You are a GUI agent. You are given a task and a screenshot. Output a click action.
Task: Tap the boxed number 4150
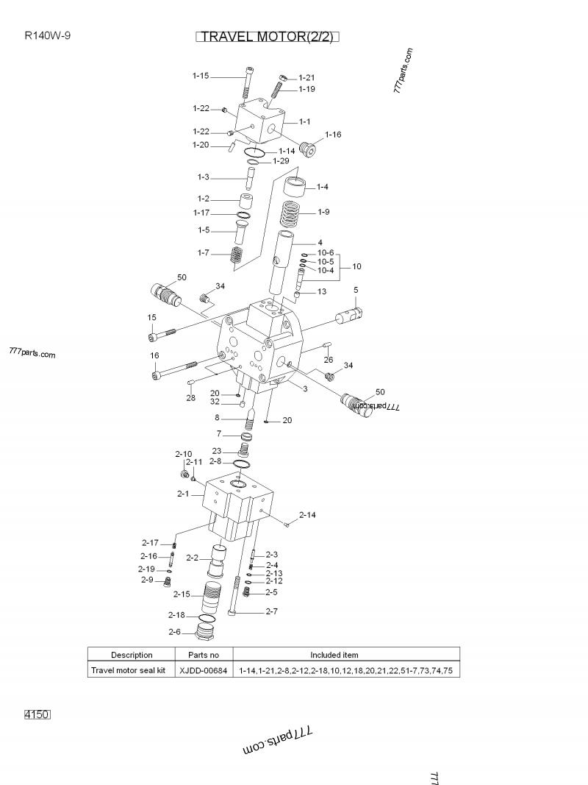click(37, 714)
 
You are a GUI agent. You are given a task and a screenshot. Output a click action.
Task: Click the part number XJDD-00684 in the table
click(204, 671)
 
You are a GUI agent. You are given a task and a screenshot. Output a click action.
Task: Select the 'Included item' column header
click(334, 655)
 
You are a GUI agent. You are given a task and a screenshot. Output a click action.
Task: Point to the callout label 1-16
click(333, 135)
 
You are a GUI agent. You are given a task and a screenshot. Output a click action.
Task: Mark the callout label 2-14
click(308, 514)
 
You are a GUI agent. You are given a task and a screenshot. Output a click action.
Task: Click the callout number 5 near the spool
click(356, 290)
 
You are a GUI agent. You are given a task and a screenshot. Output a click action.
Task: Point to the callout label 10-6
click(326, 252)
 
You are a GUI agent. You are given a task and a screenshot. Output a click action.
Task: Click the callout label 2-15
click(182, 594)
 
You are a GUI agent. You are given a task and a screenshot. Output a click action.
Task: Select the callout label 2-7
click(271, 611)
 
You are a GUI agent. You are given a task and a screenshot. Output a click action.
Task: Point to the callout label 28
click(190, 397)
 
